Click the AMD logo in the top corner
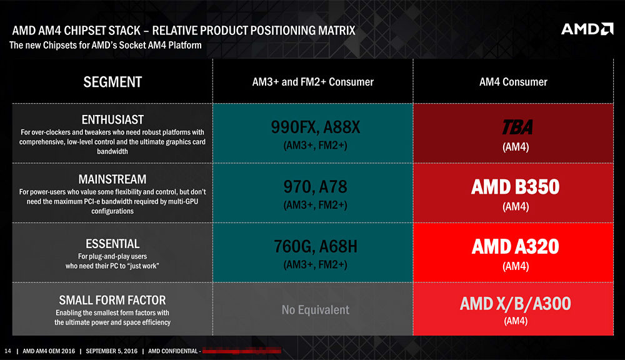(x=587, y=29)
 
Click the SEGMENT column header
(x=112, y=82)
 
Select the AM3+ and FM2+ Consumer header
(x=313, y=82)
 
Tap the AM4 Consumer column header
(x=513, y=82)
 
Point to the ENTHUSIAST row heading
(x=112, y=119)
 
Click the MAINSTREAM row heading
(x=112, y=179)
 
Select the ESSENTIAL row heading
(x=112, y=244)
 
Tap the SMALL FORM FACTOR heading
(x=112, y=300)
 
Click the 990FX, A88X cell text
(x=315, y=127)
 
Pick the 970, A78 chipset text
(x=315, y=187)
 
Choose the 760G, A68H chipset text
(x=315, y=246)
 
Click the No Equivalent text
(x=315, y=310)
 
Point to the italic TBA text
(x=517, y=127)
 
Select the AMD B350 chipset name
(x=516, y=187)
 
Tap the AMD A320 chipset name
(x=516, y=247)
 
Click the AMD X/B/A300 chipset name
(x=516, y=304)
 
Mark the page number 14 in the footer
(x=7, y=351)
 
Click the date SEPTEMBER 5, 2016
(x=112, y=351)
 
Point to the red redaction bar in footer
(x=241, y=351)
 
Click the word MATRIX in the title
(x=336, y=31)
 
